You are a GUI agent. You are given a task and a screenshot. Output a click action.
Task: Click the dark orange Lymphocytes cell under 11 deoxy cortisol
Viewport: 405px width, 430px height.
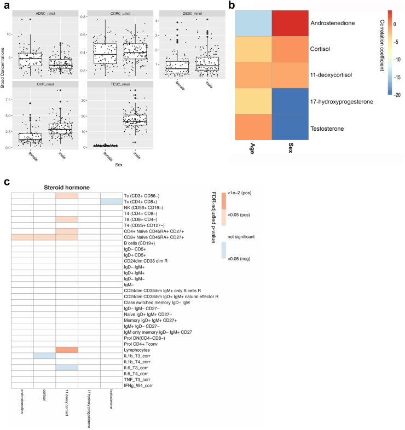coord(67,350)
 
